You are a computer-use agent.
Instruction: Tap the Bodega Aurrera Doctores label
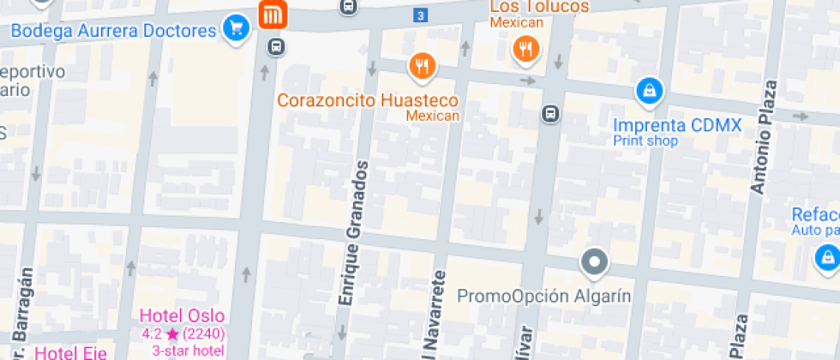coord(113,32)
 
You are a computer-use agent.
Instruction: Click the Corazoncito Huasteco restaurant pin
coord(421,65)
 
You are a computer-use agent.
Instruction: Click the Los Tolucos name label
coord(539,7)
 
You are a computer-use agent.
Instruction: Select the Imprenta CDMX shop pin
coord(649,89)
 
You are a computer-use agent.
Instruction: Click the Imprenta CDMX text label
coord(676,126)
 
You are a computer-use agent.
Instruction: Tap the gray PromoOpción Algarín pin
coord(593,261)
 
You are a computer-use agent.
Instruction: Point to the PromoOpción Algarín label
coord(544,297)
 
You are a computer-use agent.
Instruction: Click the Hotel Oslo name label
coord(182,315)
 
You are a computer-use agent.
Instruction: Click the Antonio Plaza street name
coord(762,137)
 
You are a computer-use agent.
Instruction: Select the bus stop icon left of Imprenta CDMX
coord(550,113)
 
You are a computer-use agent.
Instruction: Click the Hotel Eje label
coord(71,352)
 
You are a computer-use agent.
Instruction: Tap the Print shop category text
coord(645,141)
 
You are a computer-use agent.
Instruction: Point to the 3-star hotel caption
coord(189,350)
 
